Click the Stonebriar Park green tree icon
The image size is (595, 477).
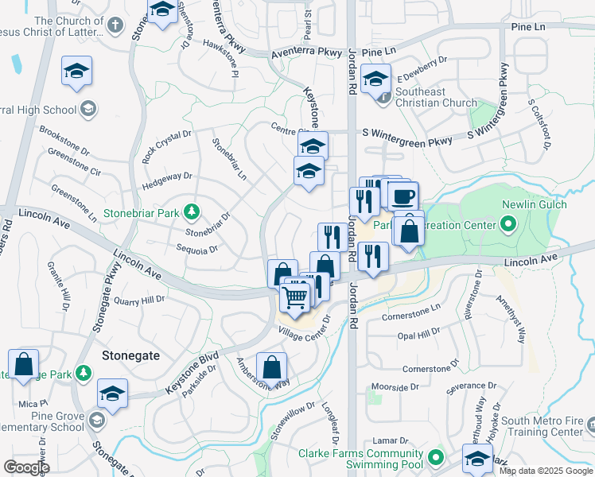191,211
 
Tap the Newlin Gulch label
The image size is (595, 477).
534,204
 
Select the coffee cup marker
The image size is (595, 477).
403,196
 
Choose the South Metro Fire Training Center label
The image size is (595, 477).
544,426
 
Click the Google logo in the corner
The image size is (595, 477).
26,467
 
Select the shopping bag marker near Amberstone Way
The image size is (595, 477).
272,368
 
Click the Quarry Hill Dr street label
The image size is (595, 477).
138,301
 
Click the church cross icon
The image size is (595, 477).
115,25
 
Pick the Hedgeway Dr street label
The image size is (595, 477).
166,176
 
